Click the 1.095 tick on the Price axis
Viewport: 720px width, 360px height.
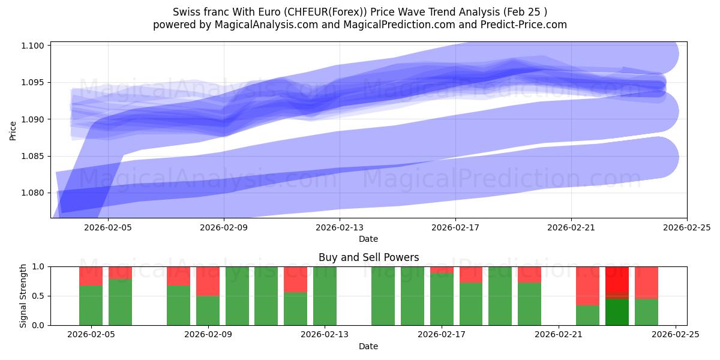pos(35,83)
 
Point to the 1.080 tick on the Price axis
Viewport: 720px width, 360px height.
pos(35,193)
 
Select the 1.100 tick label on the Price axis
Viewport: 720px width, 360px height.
pos(35,46)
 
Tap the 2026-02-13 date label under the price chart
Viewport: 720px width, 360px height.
pos(340,227)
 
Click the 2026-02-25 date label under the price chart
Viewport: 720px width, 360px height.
pos(686,227)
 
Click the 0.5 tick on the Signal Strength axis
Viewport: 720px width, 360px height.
pos(40,296)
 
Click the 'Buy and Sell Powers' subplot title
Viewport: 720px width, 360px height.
pos(368,257)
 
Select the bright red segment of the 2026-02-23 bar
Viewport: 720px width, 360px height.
pos(617,279)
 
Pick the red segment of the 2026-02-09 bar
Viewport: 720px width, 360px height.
pos(208,281)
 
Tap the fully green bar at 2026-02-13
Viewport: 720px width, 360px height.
pos(325,296)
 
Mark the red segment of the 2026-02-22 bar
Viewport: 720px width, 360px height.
pos(587,286)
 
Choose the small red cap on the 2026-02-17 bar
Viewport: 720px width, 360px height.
pos(442,269)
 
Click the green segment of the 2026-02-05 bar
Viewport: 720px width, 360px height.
pos(91,305)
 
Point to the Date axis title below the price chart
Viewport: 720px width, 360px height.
pos(368,239)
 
